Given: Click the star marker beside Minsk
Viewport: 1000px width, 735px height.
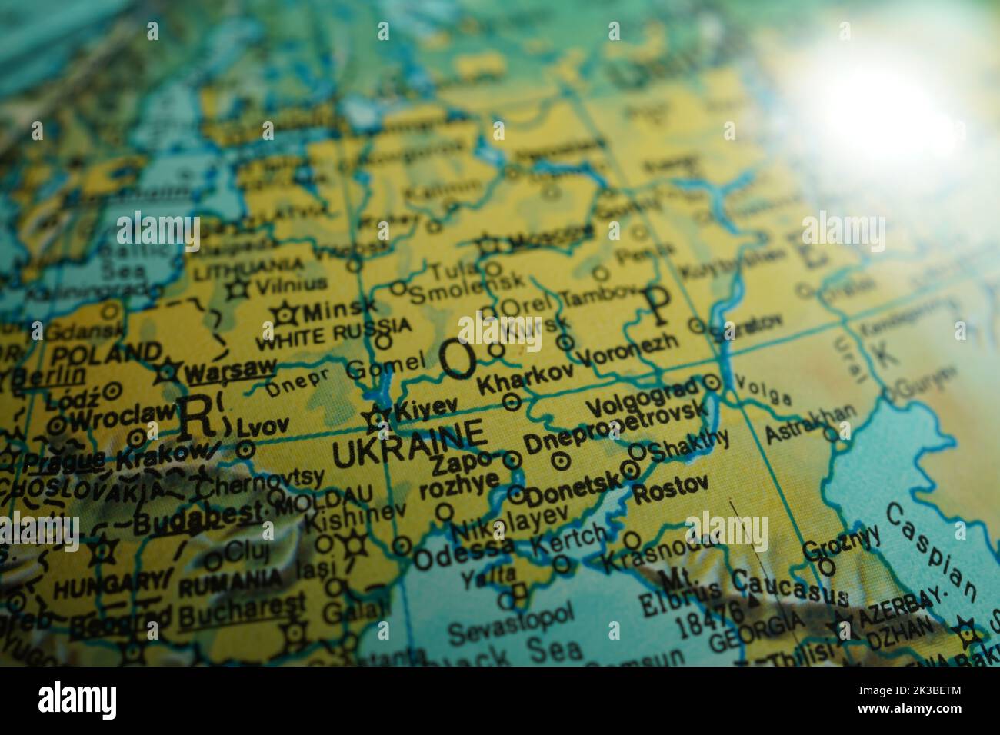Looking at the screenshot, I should [x=286, y=314].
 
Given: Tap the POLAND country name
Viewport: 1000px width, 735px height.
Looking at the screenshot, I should [x=106, y=354].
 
